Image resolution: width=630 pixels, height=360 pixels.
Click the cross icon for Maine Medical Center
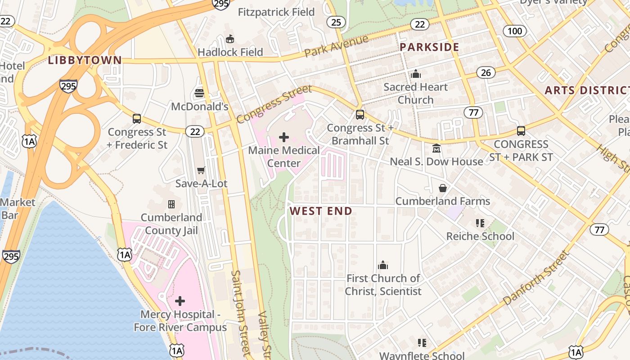click(x=284, y=137)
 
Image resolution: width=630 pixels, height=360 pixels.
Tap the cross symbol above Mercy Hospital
click(x=180, y=301)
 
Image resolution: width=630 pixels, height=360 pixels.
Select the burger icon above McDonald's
click(x=200, y=93)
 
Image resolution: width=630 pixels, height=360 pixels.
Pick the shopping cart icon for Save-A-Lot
click(x=201, y=170)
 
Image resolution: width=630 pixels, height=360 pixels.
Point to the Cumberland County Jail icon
click(x=171, y=204)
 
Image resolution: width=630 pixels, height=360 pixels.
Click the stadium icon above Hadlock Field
click(x=230, y=39)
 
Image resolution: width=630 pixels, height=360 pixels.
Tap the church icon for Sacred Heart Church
click(x=416, y=74)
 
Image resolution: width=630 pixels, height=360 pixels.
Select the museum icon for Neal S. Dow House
click(x=436, y=148)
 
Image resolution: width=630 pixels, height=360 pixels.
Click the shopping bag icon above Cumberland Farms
click(x=443, y=188)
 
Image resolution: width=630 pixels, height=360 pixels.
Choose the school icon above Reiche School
click(x=480, y=223)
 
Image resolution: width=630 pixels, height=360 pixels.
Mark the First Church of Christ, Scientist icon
click(x=383, y=265)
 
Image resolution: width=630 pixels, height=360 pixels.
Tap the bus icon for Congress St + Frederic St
click(x=137, y=119)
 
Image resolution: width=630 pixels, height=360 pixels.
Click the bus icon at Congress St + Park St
click(x=521, y=131)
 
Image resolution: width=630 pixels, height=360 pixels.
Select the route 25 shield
click(x=336, y=22)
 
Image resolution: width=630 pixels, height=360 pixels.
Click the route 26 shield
click(x=486, y=72)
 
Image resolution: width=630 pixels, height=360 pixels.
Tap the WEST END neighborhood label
click(x=321, y=211)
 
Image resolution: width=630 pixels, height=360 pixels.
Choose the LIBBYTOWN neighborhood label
click(x=85, y=60)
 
